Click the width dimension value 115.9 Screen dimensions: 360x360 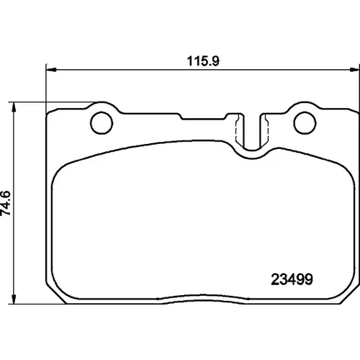point(203,61)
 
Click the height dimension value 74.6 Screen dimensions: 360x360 point(6,203)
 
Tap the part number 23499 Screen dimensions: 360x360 point(292,279)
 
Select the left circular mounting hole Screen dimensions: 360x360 point(102,123)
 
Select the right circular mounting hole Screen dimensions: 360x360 point(305,123)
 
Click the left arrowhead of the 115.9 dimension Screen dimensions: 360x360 point(51,70)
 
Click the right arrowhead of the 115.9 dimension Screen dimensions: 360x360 point(355,70)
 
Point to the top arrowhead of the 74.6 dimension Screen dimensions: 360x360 point(14,107)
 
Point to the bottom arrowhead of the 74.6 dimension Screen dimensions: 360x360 point(14,299)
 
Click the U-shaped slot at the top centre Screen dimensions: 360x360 point(252,149)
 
